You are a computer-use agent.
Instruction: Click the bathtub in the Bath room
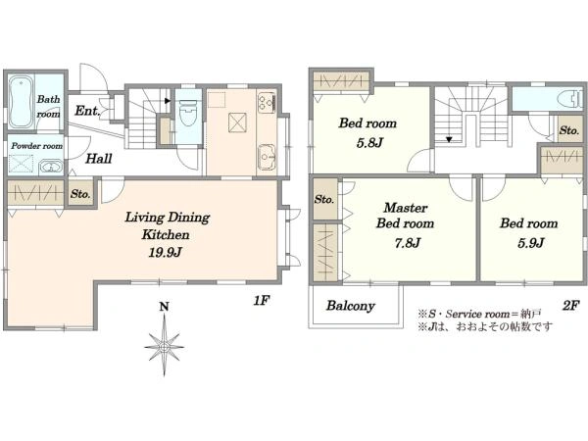click(22, 102)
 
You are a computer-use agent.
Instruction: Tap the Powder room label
click(37, 146)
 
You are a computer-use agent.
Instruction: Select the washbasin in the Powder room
click(51, 167)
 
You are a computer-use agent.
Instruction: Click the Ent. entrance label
click(87, 111)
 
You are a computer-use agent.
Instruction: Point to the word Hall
click(99, 159)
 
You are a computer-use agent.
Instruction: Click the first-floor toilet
click(188, 114)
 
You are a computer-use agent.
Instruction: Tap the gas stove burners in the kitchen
click(267, 102)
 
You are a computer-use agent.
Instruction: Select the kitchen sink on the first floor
click(267, 157)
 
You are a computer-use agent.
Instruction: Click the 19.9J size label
click(166, 253)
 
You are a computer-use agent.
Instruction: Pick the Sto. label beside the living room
click(80, 194)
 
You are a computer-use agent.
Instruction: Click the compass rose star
click(165, 346)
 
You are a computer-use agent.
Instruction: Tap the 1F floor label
click(262, 301)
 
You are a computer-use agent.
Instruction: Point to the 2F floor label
click(571, 306)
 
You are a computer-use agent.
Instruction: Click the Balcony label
click(350, 306)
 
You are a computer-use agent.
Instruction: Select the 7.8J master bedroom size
click(407, 243)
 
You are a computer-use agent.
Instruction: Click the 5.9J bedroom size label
click(530, 243)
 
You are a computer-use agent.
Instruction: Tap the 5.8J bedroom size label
click(369, 143)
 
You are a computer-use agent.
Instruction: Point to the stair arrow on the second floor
click(449, 140)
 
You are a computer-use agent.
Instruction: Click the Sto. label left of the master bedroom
click(324, 199)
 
